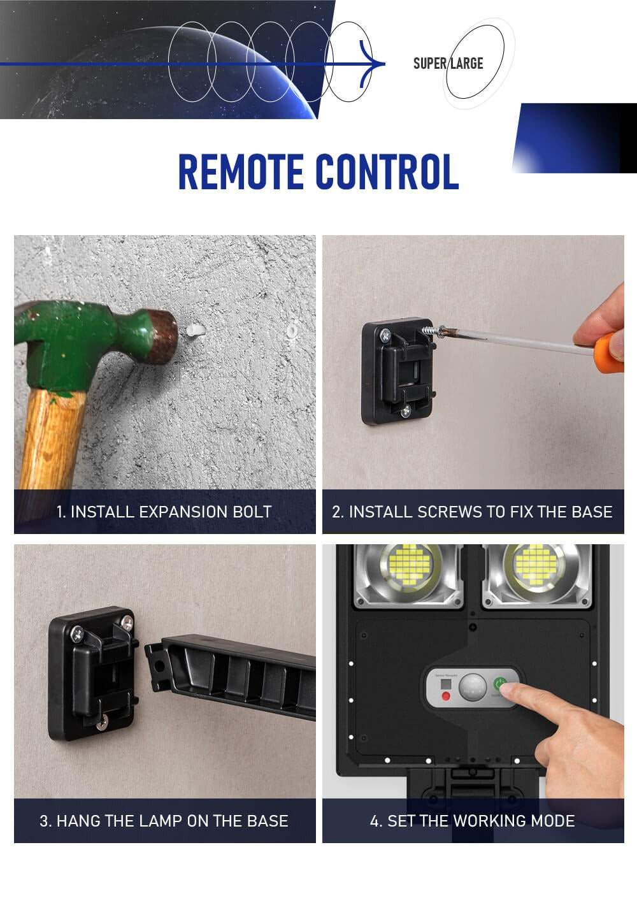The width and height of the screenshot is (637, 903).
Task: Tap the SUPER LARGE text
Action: [448, 63]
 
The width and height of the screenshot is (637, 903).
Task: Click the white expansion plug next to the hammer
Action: [196, 331]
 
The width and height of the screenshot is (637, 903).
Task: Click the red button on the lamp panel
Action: [446, 696]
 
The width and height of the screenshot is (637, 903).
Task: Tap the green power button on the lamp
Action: [499, 684]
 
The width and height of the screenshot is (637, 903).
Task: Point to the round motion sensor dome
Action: [473, 688]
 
